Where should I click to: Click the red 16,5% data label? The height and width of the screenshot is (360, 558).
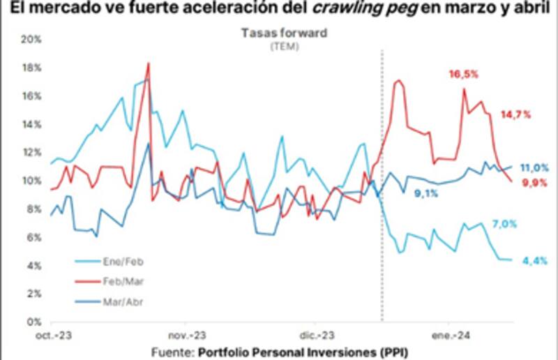click(463, 74)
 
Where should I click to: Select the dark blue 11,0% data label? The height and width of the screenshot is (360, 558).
click(534, 168)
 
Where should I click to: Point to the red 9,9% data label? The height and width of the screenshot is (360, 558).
click(534, 182)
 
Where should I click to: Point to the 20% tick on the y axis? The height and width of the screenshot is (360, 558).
click(33, 40)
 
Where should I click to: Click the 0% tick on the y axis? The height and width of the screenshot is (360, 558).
click(36, 323)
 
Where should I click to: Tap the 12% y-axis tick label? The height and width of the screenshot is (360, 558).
click(33, 153)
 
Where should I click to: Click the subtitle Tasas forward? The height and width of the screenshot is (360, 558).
click(284, 32)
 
